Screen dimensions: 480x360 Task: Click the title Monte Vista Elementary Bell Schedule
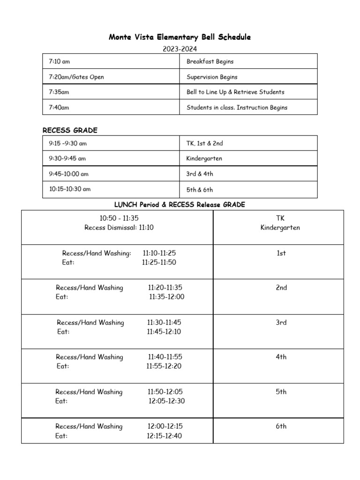pos(180,37)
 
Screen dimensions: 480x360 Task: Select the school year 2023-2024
pos(180,48)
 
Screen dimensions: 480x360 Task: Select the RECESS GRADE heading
pos(70,130)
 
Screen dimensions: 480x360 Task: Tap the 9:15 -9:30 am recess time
pos(68,143)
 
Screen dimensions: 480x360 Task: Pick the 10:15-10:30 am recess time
pos(70,189)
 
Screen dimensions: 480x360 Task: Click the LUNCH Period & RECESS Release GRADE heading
pos(180,205)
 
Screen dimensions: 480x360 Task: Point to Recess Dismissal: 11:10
pos(119,228)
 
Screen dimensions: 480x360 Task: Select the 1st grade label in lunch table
pos(281,253)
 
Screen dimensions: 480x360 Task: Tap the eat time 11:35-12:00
pos(167,297)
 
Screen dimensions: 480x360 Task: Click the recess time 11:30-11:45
pos(164,322)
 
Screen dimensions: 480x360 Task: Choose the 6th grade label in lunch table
pos(281,427)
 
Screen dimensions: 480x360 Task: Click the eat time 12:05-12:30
pos(167,401)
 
